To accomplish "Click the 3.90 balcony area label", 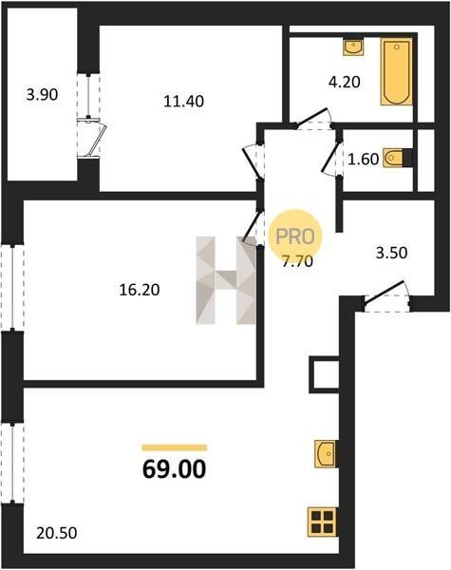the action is [42, 95].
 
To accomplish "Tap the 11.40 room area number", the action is [183, 101].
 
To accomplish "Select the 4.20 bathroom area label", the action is [344, 82].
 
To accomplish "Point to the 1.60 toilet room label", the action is [363, 160].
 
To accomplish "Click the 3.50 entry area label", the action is [391, 253].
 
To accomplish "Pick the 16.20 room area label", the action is [140, 290].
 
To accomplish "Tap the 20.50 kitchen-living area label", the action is [57, 533].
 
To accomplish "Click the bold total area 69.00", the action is [174, 469].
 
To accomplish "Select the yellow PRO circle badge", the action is [294, 237].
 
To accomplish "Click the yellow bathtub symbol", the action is [397, 71].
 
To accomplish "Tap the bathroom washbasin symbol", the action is [353, 47].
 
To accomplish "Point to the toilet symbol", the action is [394, 158].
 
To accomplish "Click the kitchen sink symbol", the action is [326, 454].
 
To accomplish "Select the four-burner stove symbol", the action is [322, 522].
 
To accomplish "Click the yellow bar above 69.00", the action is [175, 447].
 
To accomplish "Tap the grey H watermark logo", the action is [226, 280].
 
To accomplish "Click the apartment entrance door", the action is [387, 297].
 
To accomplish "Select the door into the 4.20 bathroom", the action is [314, 119].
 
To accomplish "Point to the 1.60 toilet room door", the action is [332, 158].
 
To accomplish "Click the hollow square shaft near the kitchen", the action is [324, 374].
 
